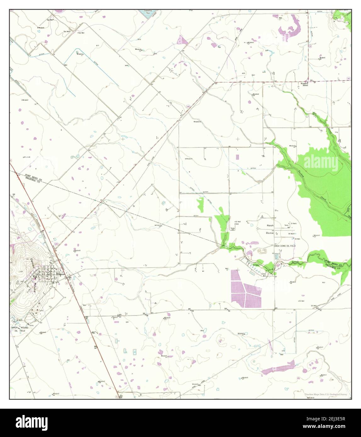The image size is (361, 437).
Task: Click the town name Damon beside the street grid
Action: pos(61,274)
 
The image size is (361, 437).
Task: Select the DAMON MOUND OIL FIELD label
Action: pos(20,329)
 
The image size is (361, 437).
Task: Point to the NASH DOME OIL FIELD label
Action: pos(285,246)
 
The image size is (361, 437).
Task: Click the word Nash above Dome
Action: pos(270,225)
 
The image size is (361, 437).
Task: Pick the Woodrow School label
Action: pos(304,84)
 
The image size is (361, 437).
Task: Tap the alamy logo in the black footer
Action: pos(32,422)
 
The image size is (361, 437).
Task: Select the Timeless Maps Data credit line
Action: pos(326,394)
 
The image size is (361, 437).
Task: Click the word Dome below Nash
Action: pos(270,233)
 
